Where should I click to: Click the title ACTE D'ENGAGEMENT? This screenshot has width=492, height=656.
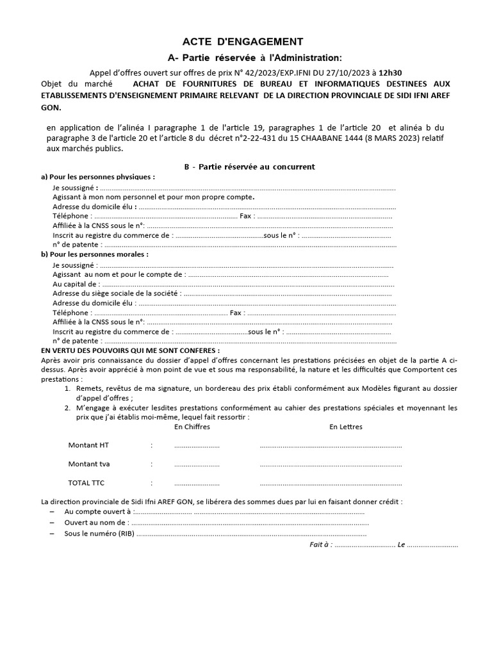pyautogui.click(x=243, y=42)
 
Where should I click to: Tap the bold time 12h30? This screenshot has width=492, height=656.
pyautogui.click(x=390, y=74)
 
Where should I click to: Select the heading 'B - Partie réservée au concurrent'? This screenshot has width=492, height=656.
pyautogui.click(x=249, y=167)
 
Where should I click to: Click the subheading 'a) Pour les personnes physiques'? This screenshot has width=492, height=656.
pyautogui.click(x=98, y=176)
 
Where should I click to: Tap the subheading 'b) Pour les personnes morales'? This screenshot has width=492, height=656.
pyautogui.click(x=95, y=254)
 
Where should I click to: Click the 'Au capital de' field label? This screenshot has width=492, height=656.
pyautogui.click(x=75, y=284)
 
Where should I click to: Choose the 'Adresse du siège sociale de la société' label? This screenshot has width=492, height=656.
pyautogui.click(x=115, y=293)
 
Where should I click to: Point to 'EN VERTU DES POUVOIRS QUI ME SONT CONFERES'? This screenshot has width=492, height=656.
pyautogui.click(x=130, y=351)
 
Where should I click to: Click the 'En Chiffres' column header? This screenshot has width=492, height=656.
pyautogui.click(x=192, y=427)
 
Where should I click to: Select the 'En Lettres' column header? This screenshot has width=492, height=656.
pyautogui.click(x=346, y=427)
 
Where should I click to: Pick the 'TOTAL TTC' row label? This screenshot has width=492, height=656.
pyautogui.click(x=85, y=483)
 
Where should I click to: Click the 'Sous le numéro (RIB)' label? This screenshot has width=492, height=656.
pyautogui.click(x=99, y=533)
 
